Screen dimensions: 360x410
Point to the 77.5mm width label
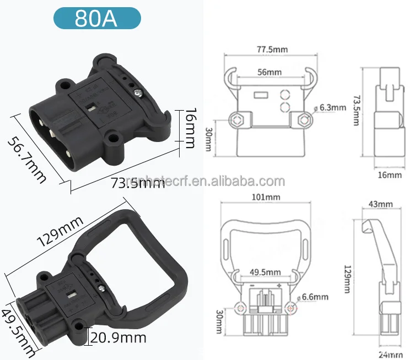click(272, 49)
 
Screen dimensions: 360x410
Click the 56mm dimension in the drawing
click(269, 72)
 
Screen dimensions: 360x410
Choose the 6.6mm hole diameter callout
click(316, 297)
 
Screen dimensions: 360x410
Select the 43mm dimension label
click(380, 204)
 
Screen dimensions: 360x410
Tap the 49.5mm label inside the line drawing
click(265, 272)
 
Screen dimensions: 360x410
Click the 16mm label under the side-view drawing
click(390, 175)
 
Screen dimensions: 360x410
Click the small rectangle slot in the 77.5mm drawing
click(260, 95)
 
